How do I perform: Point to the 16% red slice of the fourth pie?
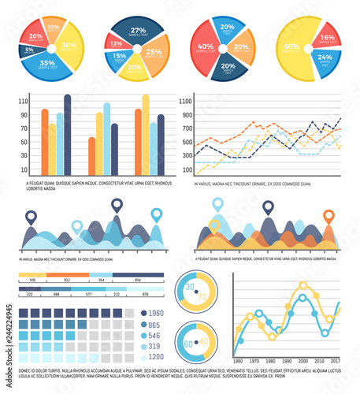click(325, 38)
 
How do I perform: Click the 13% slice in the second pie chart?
click(115, 44)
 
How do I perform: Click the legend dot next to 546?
click(143, 336)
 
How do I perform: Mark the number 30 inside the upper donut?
click(189, 287)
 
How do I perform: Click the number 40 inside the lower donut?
click(202, 343)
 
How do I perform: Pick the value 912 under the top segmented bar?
click(67, 280)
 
